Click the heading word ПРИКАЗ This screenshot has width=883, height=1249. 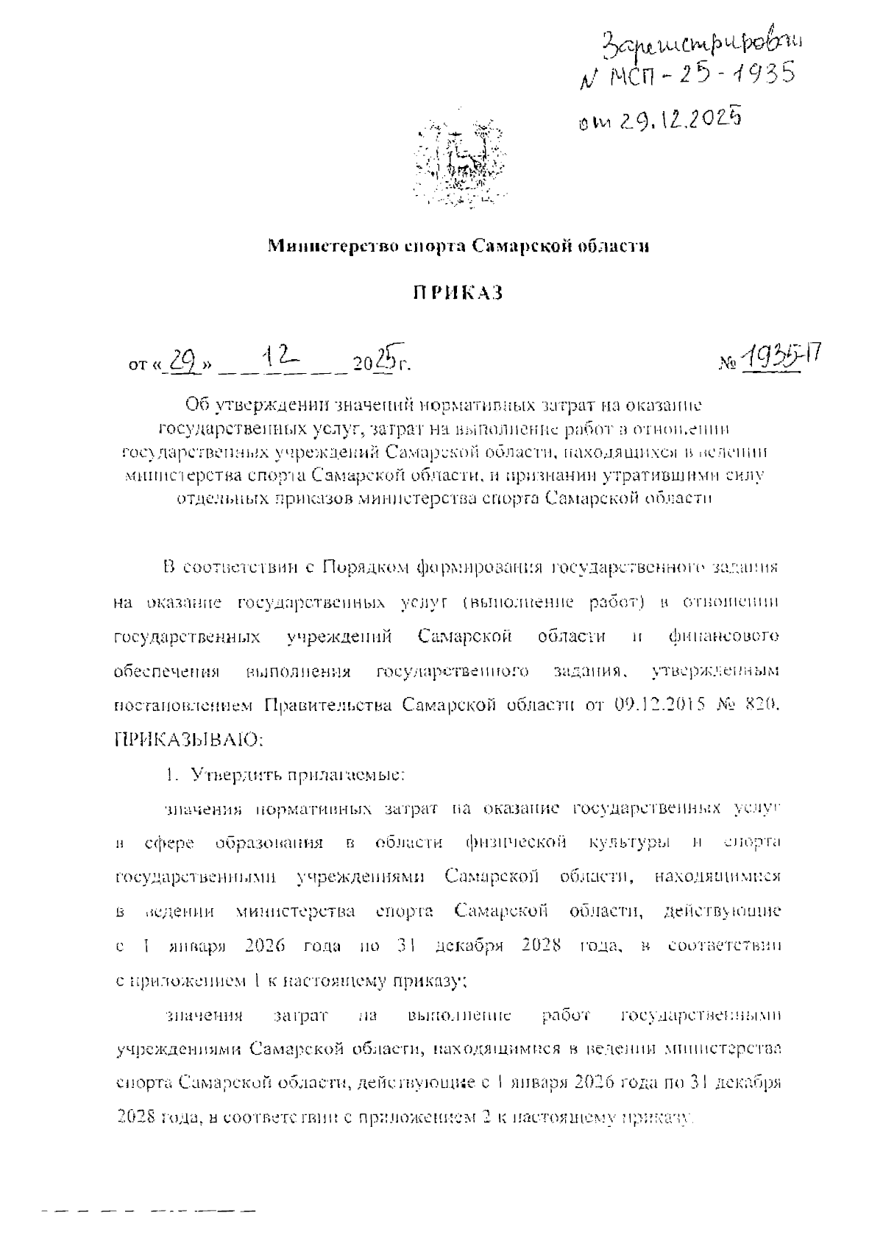456,293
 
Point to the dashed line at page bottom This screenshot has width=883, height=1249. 147,1209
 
